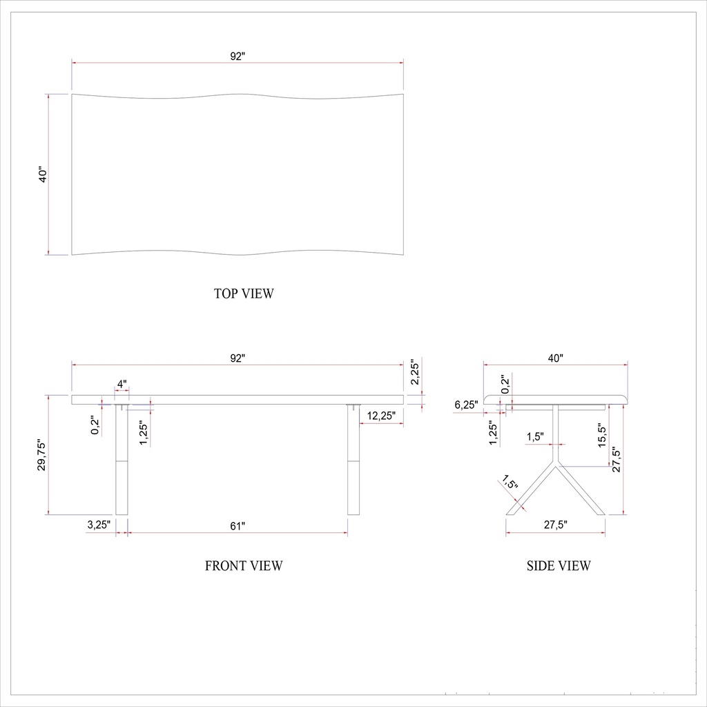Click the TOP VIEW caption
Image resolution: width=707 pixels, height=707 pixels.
(x=244, y=293)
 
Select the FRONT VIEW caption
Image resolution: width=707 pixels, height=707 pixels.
(x=244, y=566)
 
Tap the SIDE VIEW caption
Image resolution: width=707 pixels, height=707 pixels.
(x=559, y=566)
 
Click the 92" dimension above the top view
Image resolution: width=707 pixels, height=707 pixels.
(x=238, y=57)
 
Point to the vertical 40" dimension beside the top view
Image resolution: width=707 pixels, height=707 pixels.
(x=42, y=174)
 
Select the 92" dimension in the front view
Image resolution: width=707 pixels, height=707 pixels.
(x=238, y=358)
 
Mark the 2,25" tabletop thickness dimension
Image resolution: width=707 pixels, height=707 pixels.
(x=414, y=372)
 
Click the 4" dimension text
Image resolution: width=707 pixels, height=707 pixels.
(x=122, y=383)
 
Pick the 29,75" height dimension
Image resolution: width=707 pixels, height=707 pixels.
(x=41, y=455)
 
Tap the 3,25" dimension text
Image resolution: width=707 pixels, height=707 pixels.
(x=99, y=525)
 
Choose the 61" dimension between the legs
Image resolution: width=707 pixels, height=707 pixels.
(x=238, y=526)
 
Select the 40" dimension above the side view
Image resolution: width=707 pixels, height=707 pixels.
(x=556, y=358)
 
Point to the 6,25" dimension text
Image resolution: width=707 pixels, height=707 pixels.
(x=466, y=405)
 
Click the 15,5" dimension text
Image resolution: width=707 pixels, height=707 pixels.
(x=602, y=437)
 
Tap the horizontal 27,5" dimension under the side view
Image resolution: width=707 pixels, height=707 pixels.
(x=555, y=525)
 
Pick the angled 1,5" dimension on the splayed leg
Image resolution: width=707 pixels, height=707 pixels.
(x=510, y=482)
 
